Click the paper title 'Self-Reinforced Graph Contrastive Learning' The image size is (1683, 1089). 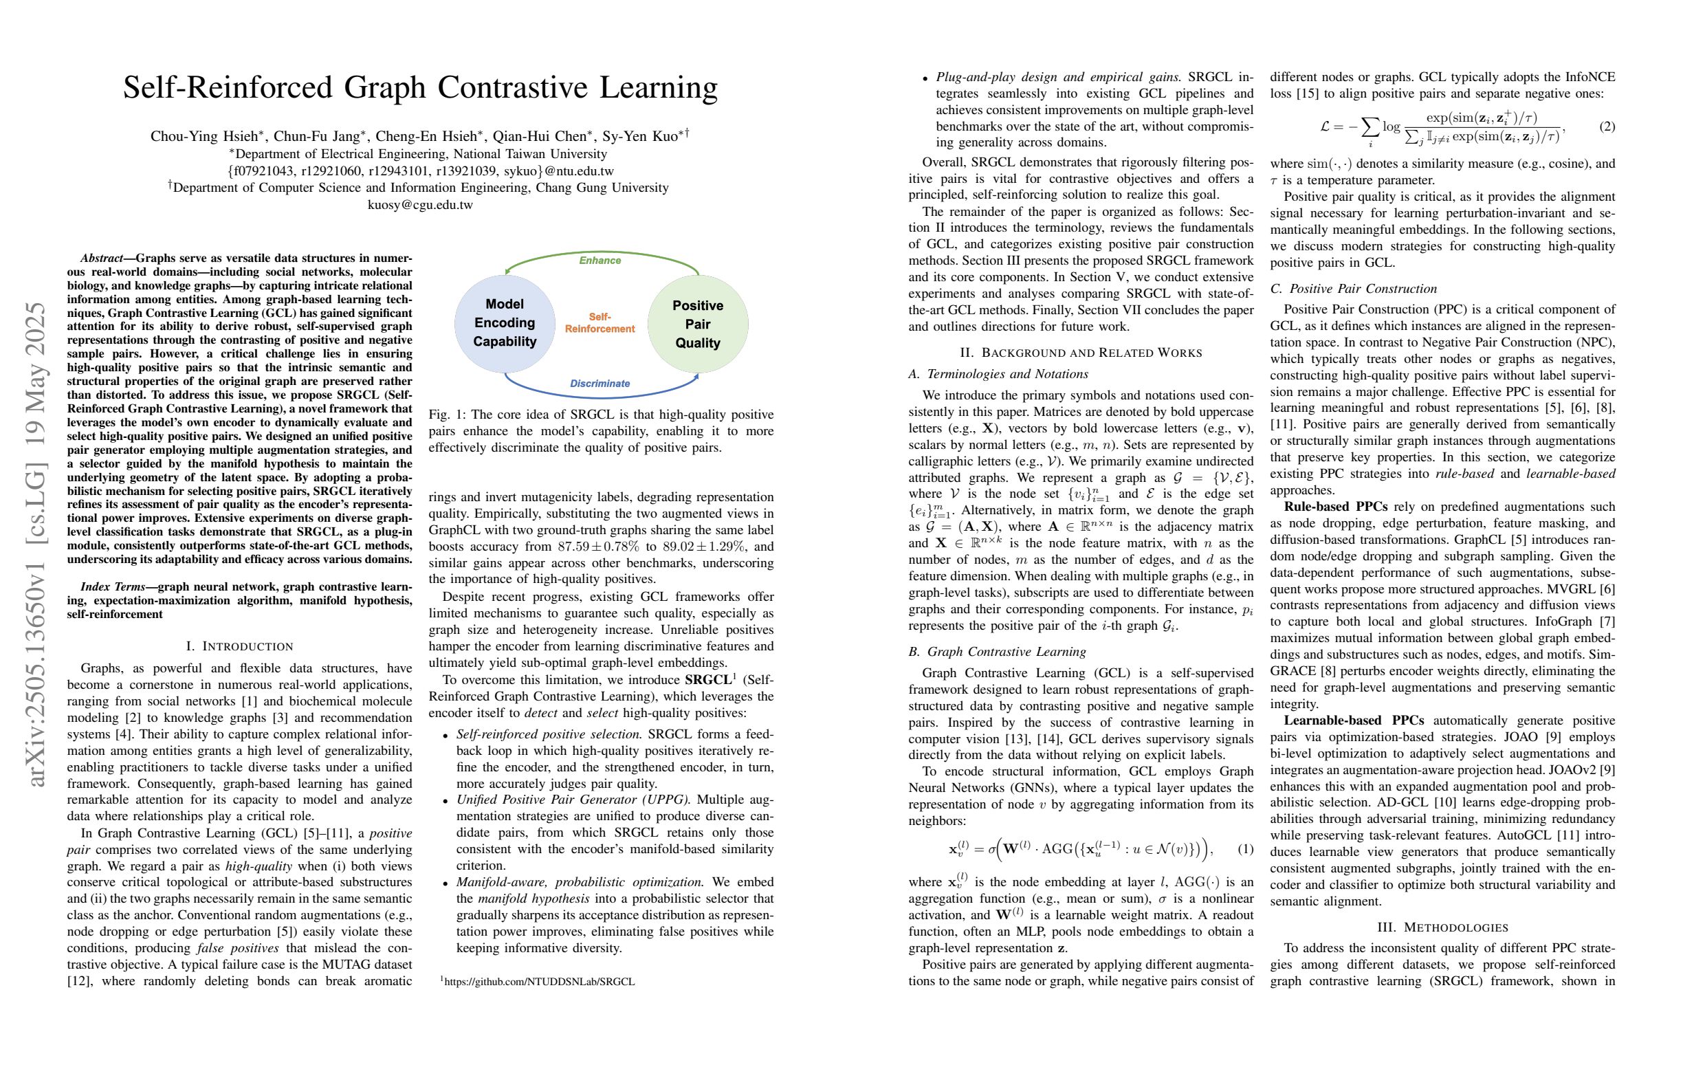tap(420, 88)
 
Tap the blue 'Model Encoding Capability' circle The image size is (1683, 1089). tap(504, 323)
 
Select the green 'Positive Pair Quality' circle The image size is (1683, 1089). tap(697, 324)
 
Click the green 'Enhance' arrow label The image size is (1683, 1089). tap(599, 261)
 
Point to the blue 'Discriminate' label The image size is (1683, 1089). tap(599, 383)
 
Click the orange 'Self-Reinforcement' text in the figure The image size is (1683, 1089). tap(599, 322)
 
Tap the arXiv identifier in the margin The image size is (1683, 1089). tap(36, 544)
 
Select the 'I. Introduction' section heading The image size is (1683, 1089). tap(239, 646)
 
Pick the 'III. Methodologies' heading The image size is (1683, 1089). tap(1442, 927)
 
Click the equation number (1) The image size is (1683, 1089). tap(1245, 848)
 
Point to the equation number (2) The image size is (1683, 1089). tap(1607, 126)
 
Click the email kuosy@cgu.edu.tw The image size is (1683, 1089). tap(420, 205)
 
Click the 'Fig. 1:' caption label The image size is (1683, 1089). tap(448, 415)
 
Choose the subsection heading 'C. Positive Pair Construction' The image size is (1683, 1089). tap(1354, 289)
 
